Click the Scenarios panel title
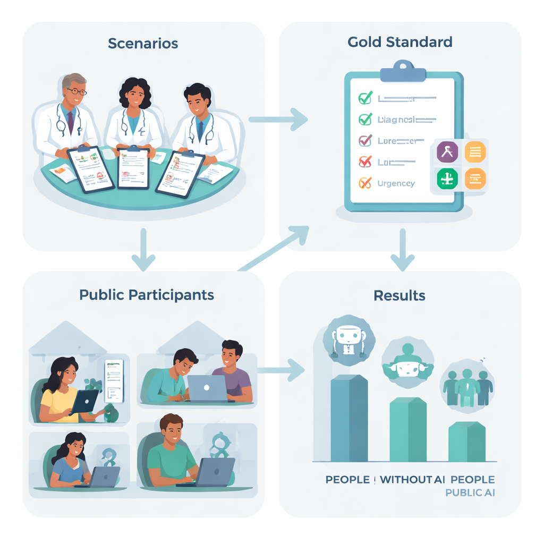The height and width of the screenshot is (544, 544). (142, 44)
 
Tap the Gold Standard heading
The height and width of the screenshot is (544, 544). (399, 42)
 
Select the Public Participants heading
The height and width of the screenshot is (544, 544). (147, 295)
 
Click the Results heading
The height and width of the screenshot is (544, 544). (399, 295)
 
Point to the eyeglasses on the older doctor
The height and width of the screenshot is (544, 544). (75, 91)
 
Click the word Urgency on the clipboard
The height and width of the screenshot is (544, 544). (396, 183)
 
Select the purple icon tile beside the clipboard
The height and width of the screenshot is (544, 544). (447, 152)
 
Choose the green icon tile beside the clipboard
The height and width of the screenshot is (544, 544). (447, 178)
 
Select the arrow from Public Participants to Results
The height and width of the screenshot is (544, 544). (282, 369)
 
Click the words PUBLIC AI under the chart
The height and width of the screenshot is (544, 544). (470, 493)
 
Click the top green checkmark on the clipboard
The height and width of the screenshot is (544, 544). (365, 98)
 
